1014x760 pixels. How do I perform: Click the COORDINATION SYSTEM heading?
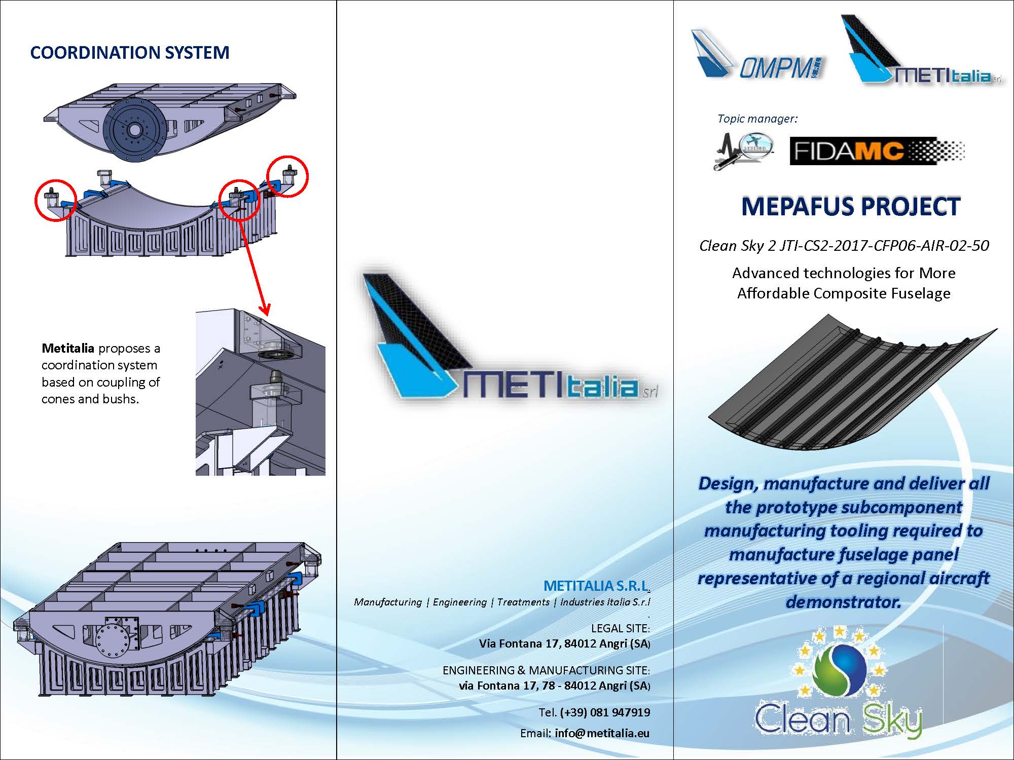pyautogui.click(x=130, y=53)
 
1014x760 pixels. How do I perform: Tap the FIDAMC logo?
pyautogui.click(x=877, y=151)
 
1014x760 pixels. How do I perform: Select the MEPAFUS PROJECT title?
pyautogui.click(x=851, y=207)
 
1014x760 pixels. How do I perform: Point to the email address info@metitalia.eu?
pyautogui.click(x=602, y=733)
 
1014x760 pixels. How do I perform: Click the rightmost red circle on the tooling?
pyautogui.click(x=287, y=175)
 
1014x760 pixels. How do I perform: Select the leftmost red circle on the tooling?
pyautogui.click(x=55, y=200)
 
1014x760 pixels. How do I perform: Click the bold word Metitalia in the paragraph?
pyautogui.click(x=68, y=349)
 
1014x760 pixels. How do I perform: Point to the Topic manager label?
pyautogui.click(x=757, y=119)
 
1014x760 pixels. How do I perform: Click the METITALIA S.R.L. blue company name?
pyautogui.click(x=596, y=586)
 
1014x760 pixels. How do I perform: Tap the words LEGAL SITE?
pyautogui.click(x=620, y=628)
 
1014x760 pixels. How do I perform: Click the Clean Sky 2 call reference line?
pyautogui.click(x=844, y=246)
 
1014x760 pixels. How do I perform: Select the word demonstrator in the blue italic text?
pyautogui.click(x=843, y=602)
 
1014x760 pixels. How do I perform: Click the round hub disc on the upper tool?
pyautogui.click(x=134, y=130)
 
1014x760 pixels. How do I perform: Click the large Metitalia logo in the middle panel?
pyautogui.click(x=507, y=345)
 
